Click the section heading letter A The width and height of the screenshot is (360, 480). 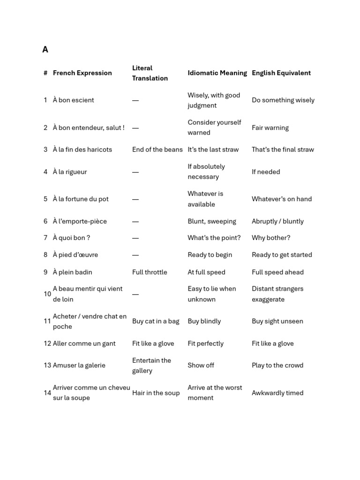pos(45,50)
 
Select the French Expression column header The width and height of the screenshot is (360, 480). pos(82,73)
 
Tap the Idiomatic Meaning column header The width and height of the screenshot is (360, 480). pos(217,73)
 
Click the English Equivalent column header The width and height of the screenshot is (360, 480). pos(281,73)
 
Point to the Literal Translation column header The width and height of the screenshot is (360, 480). pos(150,73)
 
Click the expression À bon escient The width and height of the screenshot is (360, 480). pos(73,100)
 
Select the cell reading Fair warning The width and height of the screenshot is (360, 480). pos(270,127)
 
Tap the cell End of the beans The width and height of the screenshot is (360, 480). pos(157,150)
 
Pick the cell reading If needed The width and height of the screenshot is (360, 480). pos(266,172)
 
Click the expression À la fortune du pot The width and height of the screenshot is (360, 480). pos(81,199)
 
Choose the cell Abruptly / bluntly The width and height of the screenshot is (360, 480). pos(277,221)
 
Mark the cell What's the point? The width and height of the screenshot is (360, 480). pos(214,238)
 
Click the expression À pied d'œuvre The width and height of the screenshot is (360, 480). pos(75,255)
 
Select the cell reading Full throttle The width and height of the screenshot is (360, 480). pos(150,272)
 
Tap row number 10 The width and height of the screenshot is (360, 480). pos(47,294)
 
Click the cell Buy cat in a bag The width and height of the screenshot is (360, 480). pos(156,321)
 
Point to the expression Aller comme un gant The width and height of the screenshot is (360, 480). pos(84,343)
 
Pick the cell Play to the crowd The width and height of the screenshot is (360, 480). pos(277,365)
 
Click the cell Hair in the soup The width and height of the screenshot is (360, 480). pos(156,393)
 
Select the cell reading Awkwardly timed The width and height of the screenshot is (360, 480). pos(277,393)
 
